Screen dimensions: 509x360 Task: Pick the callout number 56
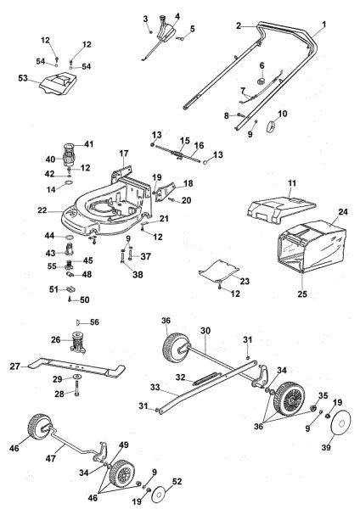[94, 322]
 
